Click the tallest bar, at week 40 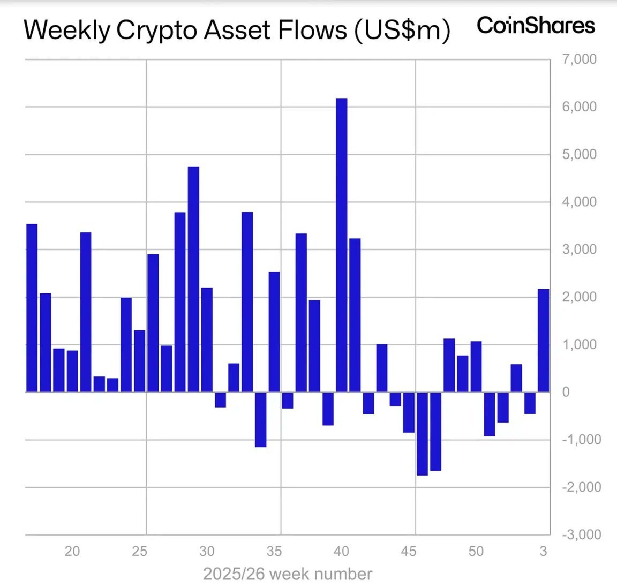pos(341,245)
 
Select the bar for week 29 pos(193,280)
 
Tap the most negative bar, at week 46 pos(422,434)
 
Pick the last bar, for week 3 pos(543,341)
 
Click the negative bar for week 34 pos(260,419)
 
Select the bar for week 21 pos(86,312)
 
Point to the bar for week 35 pos(274,332)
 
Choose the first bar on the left pos(32,308)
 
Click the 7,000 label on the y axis pos(579,59)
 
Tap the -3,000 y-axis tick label pos(581,534)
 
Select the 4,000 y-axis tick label pos(579,202)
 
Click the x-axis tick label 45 pos(408,551)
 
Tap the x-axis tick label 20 pos(72,551)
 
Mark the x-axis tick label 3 pos(543,551)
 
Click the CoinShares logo pos(536,26)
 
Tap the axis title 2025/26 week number pos(288,574)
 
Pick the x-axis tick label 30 pos(207,551)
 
